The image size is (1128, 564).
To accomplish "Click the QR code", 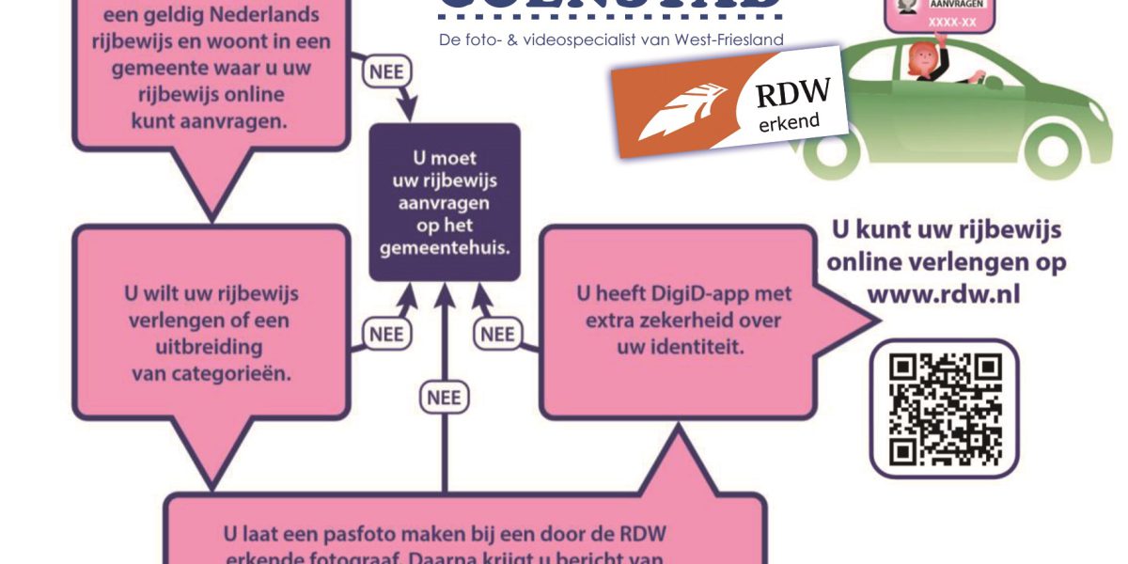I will coord(944,410).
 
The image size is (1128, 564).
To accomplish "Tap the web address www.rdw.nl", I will coord(944,294).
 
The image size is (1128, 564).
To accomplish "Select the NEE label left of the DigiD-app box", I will coord(497,335).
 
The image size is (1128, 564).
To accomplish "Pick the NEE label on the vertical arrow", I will coord(444,398).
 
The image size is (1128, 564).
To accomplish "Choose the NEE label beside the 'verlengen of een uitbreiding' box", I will coord(385,335).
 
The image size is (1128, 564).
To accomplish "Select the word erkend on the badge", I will coord(790,122).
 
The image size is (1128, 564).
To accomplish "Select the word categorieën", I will coord(231,373).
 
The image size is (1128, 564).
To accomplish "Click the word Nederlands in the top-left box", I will coord(263,15).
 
